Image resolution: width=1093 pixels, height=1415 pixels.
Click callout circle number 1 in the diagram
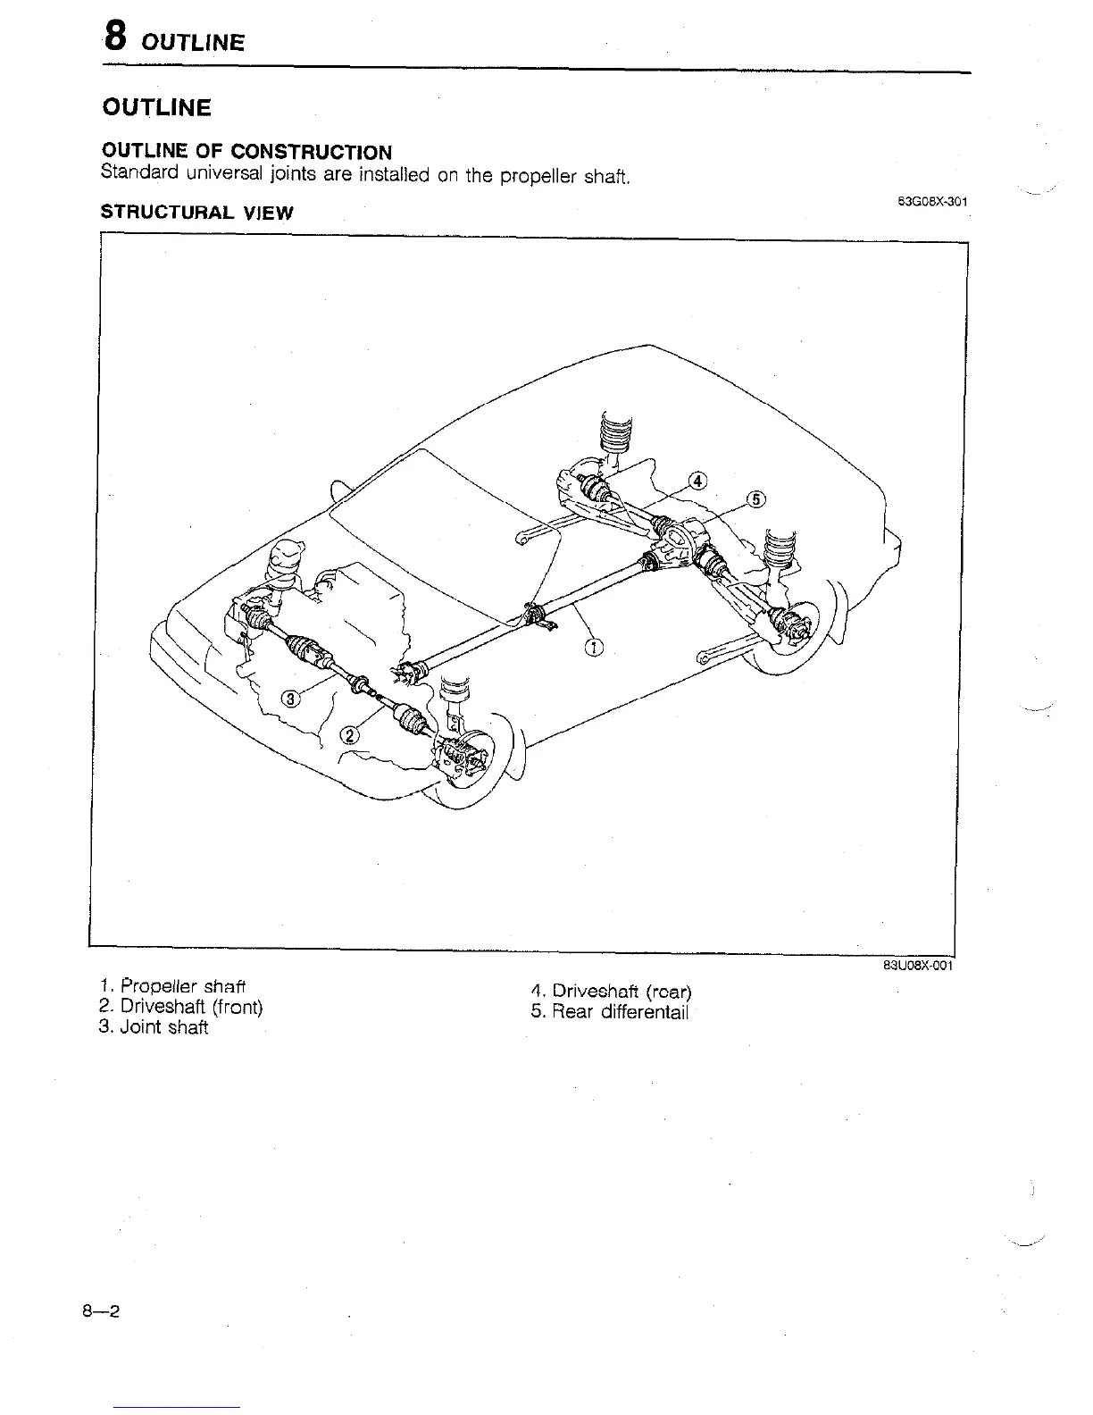pos(594,648)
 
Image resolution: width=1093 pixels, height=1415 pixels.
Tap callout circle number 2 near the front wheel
pos(349,734)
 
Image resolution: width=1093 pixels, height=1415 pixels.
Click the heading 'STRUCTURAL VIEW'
pos(196,213)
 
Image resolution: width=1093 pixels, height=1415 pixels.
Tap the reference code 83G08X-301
pos(932,201)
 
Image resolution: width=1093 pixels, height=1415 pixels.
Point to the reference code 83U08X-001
pos(920,966)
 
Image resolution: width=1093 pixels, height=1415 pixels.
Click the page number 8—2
pos(102,1311)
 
